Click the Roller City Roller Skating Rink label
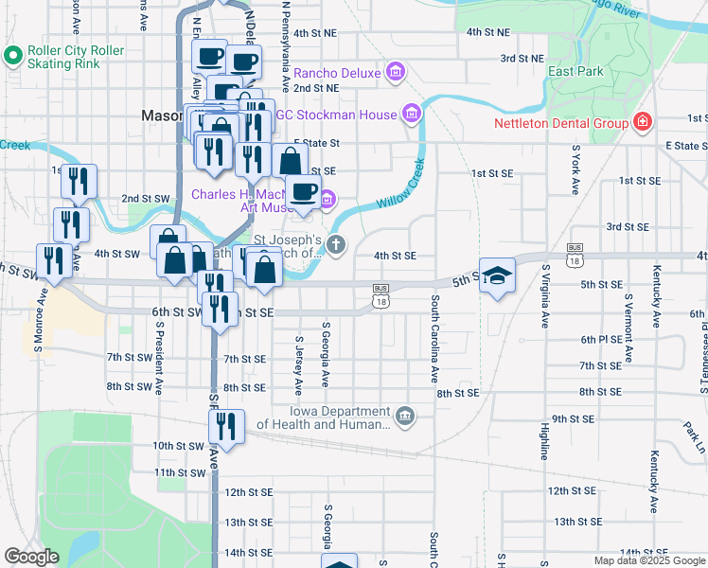click(x=76, y=58)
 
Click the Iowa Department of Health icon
click(x=404, y=417)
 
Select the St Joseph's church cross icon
click(x=337, y=245)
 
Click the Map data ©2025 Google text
click(x=649, y=560)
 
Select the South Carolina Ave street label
click(x=435, y=327)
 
